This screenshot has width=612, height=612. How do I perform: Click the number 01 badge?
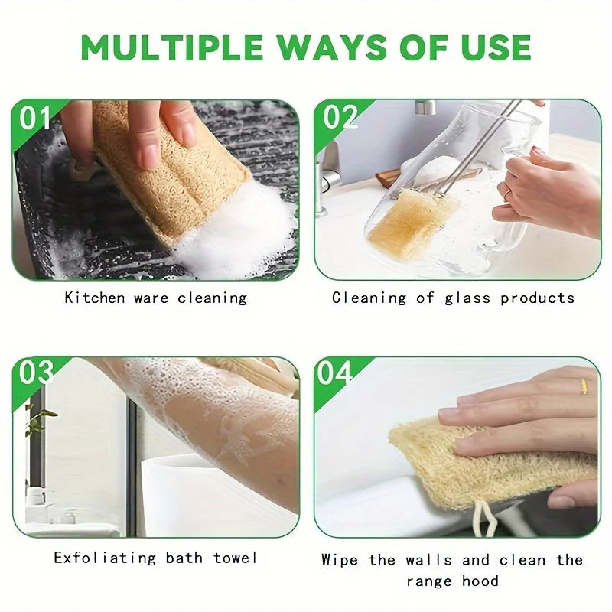click(34, 118)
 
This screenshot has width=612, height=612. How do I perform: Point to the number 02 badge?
click(339, 117)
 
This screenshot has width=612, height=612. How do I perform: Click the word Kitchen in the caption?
click(95, 298)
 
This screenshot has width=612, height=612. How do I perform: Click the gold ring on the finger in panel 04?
click(583, 386)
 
